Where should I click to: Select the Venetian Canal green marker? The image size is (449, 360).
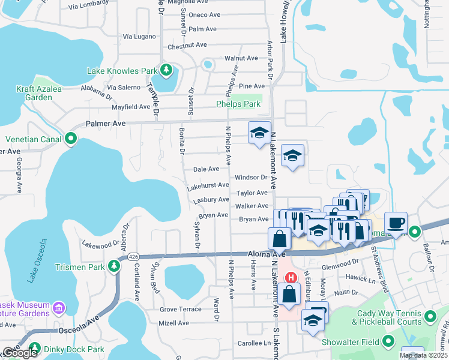coord(71,139)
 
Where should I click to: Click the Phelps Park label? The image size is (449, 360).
coord(238,104)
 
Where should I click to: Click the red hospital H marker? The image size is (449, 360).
coord(291,277)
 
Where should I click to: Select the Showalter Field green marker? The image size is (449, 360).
coord(388,342)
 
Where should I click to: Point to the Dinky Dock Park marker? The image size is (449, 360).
coord(34,349)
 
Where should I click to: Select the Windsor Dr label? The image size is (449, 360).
coord(251,178)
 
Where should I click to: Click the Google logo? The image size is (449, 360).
coord(19,353)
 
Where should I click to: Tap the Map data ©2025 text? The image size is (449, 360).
coord(423,355)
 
